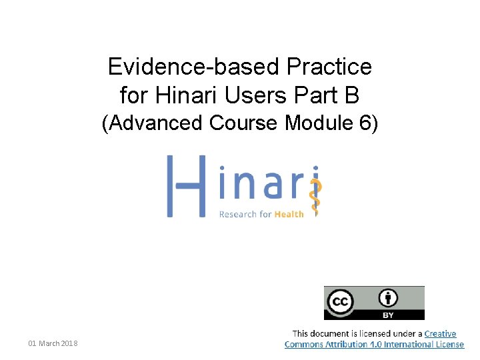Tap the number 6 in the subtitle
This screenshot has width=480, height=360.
[366, 123]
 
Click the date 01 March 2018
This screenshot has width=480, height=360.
[53, 343]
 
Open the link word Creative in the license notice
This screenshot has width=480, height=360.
[441, 333]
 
